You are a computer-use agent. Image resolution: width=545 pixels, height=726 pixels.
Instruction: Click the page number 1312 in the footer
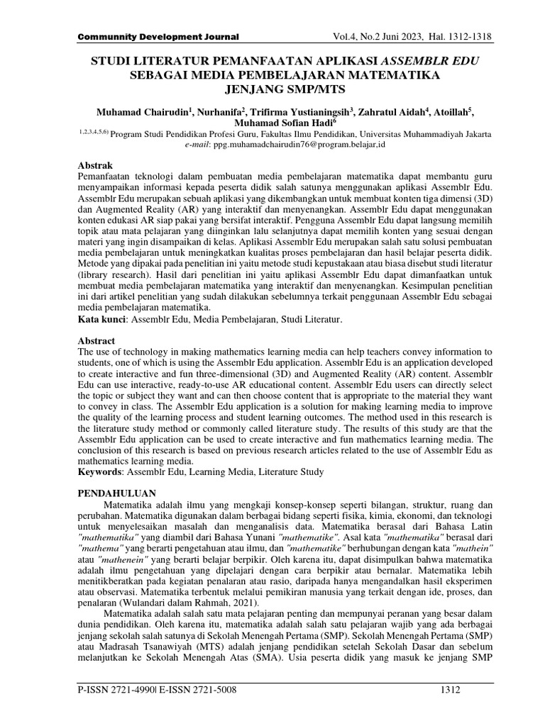(x=452, y=690)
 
